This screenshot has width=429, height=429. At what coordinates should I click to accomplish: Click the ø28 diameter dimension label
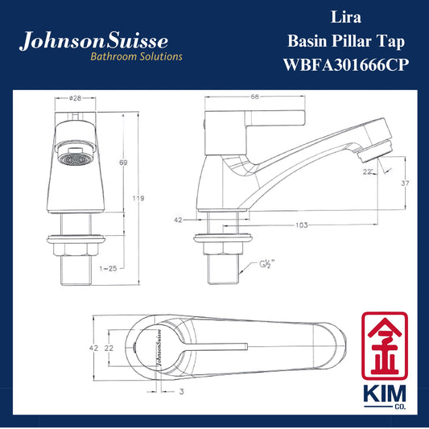click(x=75, y=97)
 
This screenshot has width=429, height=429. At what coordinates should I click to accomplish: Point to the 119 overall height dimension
click(x=138, y=198)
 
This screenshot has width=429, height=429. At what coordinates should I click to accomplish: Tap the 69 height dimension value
click(x=123, y=163)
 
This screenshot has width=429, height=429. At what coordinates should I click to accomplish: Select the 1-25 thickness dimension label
click(x=108, y=268)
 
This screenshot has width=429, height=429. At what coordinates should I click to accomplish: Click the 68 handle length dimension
click(x=254, y=97)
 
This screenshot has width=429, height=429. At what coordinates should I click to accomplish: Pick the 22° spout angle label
click(x=368, y=171)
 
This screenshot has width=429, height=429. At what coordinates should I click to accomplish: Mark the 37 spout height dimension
click(x=405, y=183)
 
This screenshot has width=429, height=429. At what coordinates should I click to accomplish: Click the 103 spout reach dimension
click(x=302, y=225)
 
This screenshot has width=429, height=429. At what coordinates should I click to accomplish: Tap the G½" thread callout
click(x=266, y=264)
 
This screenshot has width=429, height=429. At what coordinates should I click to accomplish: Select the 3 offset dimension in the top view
click(x=181, y=391)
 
